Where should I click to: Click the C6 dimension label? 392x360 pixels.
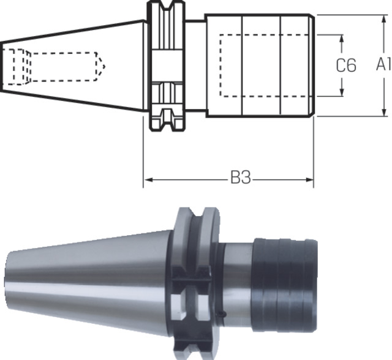(x=346, y=66)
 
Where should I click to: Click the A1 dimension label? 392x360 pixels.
(x=384, y=64)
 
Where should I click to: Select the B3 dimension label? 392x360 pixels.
(x=240, y=178)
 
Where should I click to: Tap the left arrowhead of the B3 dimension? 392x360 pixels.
(x=149, y=180)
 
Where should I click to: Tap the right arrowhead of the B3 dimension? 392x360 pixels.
(x=309, y=180)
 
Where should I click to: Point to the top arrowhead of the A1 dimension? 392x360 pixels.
(x=384, y=19)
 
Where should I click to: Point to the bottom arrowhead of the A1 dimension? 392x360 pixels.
(x=384, y=111)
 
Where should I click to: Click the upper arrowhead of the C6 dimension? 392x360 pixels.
(x=342, y=39)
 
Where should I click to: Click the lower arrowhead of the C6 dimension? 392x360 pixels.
(x=342, y=91)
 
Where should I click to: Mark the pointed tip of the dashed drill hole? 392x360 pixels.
(x=105, y=67)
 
